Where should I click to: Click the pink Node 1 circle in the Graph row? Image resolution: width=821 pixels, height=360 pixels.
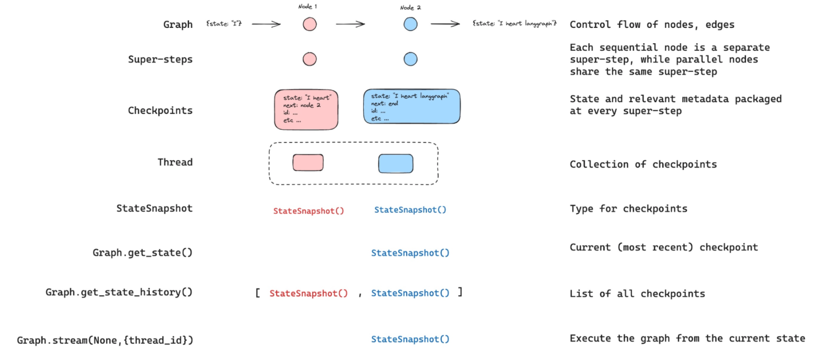(310, 24)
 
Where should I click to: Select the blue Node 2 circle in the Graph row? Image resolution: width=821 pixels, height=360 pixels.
(410, 24)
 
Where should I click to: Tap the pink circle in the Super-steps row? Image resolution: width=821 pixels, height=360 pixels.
(310, 59)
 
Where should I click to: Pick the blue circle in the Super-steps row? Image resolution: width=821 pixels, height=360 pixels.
(410, 59)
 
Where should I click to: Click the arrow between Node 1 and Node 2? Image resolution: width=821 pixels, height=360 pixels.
(350, 24)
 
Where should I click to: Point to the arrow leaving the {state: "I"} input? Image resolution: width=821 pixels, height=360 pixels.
(266, 24)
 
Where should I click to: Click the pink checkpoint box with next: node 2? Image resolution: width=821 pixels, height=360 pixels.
(306, 109)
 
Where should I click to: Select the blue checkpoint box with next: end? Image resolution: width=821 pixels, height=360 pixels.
(411, 106)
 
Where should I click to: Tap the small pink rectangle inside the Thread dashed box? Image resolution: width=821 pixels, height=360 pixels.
(308, 162)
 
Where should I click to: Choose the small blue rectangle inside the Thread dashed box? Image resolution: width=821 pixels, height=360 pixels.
(396, 163)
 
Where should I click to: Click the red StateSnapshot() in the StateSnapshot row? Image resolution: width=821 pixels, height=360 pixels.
(308, 211)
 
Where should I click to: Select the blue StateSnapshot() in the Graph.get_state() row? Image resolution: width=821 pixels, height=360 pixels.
(410, 253)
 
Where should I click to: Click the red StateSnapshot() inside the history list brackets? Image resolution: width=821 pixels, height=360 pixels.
(308, 293)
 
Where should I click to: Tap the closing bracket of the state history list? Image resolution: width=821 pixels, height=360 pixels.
(460, 292)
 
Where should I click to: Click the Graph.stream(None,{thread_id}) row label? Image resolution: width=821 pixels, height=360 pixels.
(105, 340)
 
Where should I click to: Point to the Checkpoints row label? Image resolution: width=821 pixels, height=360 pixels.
(160, 110)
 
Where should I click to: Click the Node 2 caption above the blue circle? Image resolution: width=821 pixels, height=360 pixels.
(410, 7)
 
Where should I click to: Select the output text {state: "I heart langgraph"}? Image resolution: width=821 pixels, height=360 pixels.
(514, 24)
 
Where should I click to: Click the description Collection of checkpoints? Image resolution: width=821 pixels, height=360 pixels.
(643, 164)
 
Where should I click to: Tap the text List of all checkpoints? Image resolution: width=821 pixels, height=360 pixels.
(637, 294)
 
